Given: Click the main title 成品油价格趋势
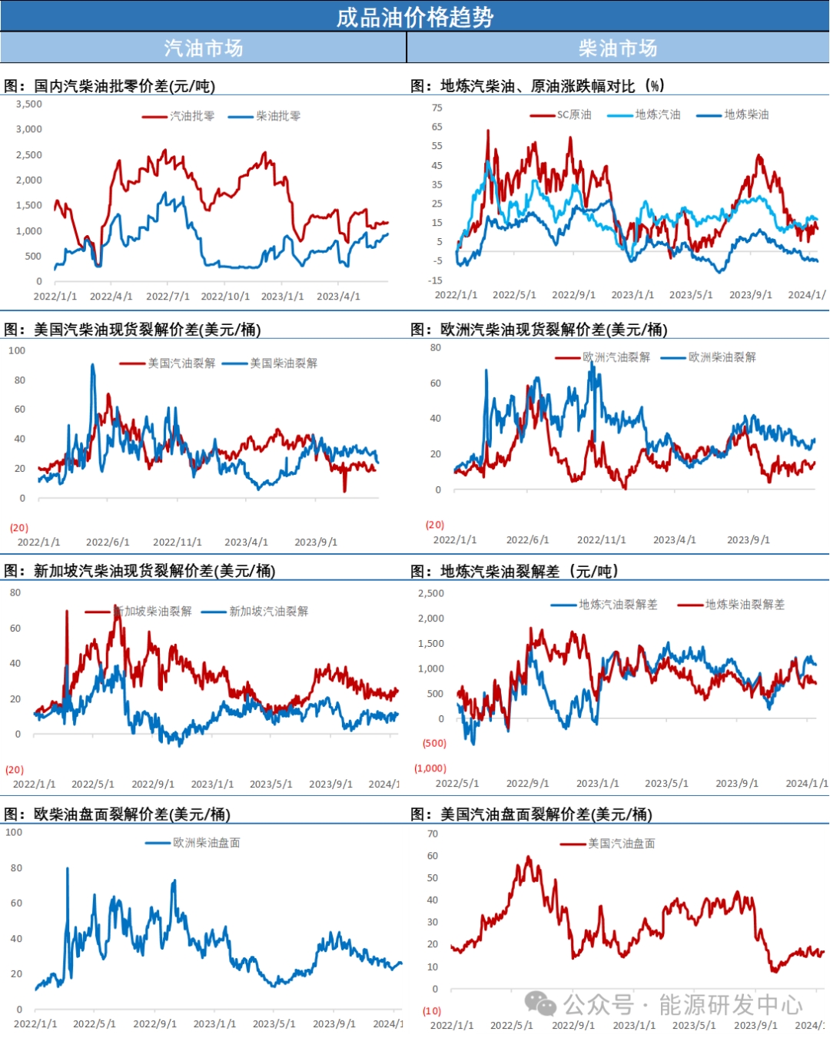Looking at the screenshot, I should pos(414,17).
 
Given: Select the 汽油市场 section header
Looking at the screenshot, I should pos(203,48).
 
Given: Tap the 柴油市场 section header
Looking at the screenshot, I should pos(618,48).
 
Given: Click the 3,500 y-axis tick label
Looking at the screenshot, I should pos(29,104).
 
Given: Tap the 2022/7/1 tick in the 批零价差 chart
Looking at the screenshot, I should pos(168,296).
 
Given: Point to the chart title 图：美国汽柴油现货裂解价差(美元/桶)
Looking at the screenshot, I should pos(132,330).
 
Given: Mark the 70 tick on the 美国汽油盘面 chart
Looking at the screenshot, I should pos(433,834).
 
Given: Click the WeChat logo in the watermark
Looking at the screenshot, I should pos(540,1003).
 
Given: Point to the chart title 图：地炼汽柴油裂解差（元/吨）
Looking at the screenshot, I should pos(514,571).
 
